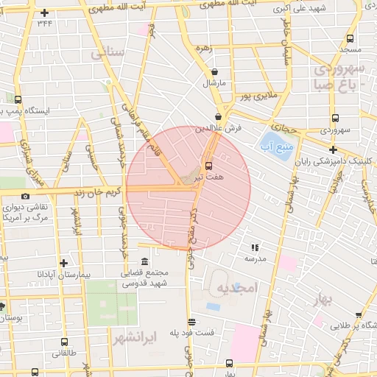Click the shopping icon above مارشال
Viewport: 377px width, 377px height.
[214, 72]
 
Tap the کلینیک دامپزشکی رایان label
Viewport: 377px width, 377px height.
[336, 161]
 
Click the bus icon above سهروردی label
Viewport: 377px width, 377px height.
[335, 118]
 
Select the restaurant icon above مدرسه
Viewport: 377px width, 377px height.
[256, 247]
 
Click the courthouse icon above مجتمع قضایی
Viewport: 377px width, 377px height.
[143, 262]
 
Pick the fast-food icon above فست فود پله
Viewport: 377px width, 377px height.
[192, 322]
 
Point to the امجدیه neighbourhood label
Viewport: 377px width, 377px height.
[237, 289]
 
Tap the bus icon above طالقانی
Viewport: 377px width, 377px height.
[64, 342]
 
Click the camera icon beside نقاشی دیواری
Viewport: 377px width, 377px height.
[26, 196]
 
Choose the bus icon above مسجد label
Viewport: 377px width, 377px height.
[349, 38]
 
